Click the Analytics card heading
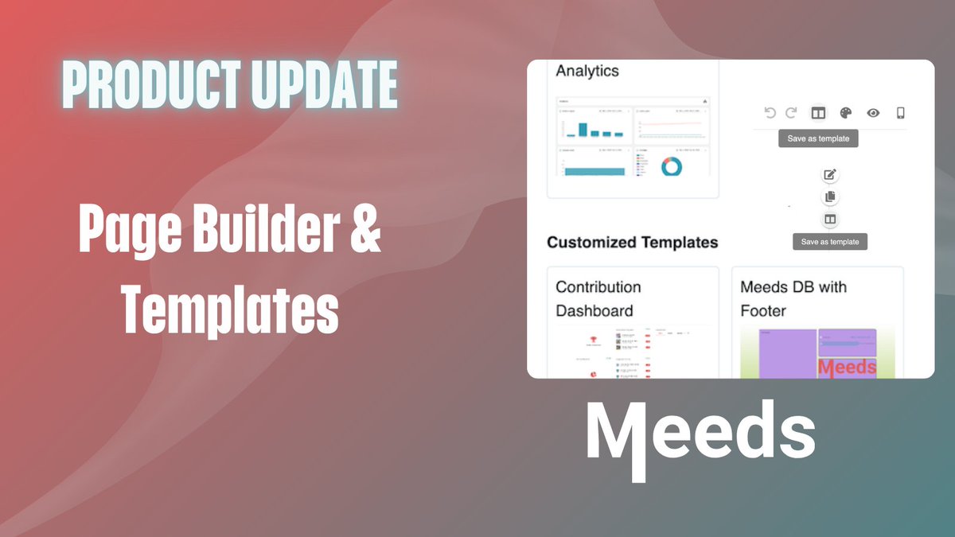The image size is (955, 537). (x=587, y=71)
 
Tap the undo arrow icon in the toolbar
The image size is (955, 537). (x=770, y=113)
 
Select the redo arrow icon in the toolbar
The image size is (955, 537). (x=791, y=113)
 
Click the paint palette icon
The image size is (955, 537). (x=846, y=113)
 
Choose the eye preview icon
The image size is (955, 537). (x=873, y=113)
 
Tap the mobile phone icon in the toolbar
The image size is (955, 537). (x=901, y=113)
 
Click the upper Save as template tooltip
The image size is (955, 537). (x=818, y=138)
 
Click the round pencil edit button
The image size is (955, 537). (x=830, y=175)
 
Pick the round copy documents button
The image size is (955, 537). (x=830, y=197)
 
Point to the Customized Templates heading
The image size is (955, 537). (x=633, y=243)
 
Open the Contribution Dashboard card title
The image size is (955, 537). (x=598, y=298)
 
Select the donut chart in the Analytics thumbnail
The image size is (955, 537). (x=672, y=165)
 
